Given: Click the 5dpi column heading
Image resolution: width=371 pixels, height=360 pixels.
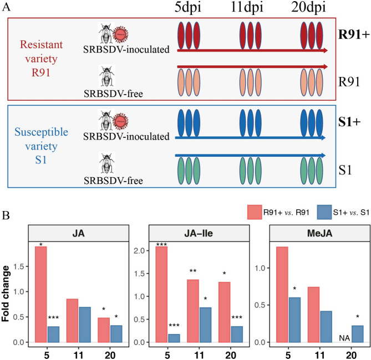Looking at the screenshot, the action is pyautogui.click(x=188, y=7).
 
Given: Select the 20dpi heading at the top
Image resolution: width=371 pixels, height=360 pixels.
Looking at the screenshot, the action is pyautogui.click(x=308, y=7).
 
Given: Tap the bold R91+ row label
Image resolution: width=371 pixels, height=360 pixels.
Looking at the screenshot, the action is pyautogui.click(x=354, y=34).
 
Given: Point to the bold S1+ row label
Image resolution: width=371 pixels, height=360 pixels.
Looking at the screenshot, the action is pyautogui.click(x=349, y=122).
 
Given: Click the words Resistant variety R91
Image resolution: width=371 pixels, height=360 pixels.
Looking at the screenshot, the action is pyautogui.click(x=41, y=58).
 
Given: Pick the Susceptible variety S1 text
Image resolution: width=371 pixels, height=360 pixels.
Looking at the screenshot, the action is pyautogui.click(x=41, y=146).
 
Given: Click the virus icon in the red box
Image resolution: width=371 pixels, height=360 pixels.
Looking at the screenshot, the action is pyautogui.click(x=121, y=34).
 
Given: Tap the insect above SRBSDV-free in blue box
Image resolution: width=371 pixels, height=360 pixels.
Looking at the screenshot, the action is pyautogui.click(x=107, y=163).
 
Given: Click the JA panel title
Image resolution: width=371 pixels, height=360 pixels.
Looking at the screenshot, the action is pyautogui.click(x=78, y=233).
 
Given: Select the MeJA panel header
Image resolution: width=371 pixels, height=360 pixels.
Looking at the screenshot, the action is pyautogui.click(x=319, y=233).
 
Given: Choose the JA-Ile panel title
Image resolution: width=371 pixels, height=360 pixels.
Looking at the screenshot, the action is pyautogui.click(x=199, y=233).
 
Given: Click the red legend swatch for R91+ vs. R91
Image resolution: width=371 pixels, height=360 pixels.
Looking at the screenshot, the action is pyautogui.click(x=255, y=212).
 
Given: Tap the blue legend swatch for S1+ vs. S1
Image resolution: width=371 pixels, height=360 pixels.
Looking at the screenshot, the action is pyautogui.click(x=324, y=212).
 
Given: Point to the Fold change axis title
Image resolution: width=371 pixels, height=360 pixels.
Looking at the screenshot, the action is pyautogui.click(x=6, y=294).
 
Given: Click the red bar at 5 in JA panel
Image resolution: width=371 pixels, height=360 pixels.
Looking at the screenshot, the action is pyautogui.click(x=41, y=294).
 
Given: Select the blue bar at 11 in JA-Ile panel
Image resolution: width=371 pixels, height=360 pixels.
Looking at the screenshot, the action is pyautogui.click(x=205, y=325).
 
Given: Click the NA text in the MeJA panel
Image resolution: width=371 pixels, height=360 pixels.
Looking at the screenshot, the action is pyautogui.click(x=344, y=338).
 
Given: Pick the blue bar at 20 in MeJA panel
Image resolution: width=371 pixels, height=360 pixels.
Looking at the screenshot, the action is pyautogui.click(x=357, y=334).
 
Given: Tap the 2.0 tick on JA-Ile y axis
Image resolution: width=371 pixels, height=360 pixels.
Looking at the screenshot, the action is pyautogui.click(x=139, y=250).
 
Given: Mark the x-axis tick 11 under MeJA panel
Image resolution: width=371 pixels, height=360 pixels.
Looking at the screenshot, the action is pyautogui.click(x=319, y=355).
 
